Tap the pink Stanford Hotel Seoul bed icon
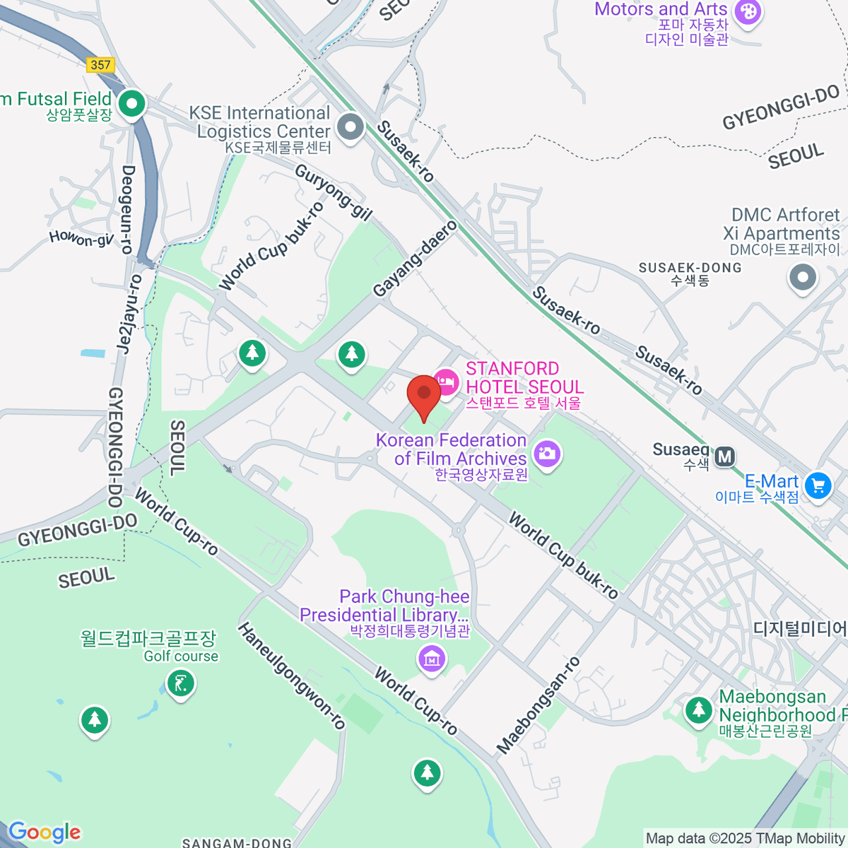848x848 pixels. coord(445,382)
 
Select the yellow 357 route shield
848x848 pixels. coord(101,65)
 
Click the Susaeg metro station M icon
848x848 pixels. coord(725,457)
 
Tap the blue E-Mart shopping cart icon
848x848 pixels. coord(818,485)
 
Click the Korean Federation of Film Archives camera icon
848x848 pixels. coord(547,453)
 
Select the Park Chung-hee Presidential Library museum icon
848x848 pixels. coord(431,659)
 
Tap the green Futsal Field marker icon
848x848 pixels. coord(131,104)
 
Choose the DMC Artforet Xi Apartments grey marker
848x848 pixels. coord(803,277)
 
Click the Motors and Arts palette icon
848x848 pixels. coord(748,11)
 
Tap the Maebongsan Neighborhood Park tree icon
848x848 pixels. coord(699,709)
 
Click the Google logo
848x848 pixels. coord(45,832)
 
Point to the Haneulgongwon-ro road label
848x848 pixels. coord(291,676)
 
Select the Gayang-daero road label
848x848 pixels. coord(416,259)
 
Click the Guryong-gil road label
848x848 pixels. coord(333,192)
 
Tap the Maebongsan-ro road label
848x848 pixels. coord(538,705)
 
